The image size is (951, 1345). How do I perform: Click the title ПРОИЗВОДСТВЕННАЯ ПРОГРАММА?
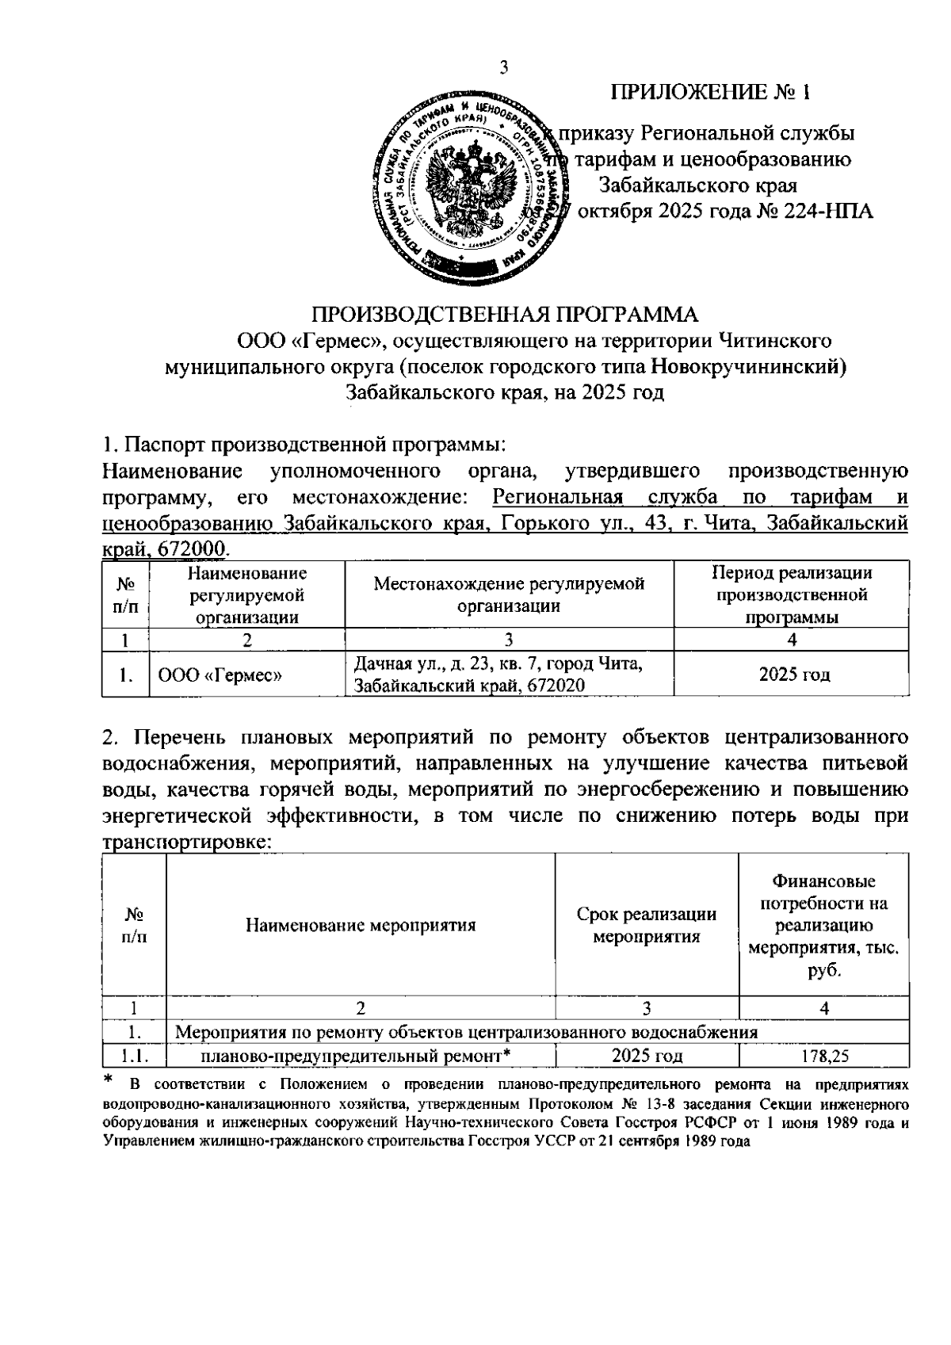(x=504, y=315)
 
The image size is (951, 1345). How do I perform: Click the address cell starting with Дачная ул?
(x=498, y=674)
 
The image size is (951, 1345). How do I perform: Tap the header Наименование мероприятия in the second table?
(x=361, y=925)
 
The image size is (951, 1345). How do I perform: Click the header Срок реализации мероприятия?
(x=647, y=925)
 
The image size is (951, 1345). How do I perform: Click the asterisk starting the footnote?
(x=109, y=1079)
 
